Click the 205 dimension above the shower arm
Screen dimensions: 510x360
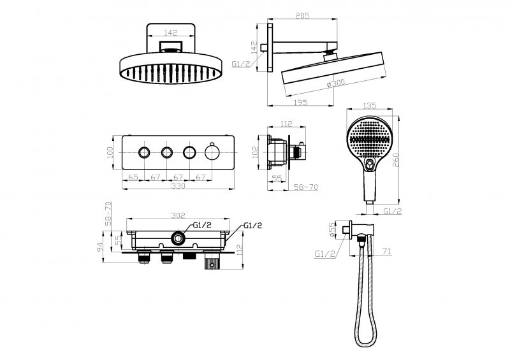(302, 15)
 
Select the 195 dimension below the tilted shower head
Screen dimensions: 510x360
(300, 103)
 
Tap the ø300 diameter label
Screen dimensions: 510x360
(336, 83)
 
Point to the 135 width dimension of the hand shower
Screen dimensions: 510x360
(369, 105)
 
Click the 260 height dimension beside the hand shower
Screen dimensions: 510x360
(395, 160)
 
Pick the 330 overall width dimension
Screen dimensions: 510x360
(178, 185)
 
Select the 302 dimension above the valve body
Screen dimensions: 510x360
(178, 215)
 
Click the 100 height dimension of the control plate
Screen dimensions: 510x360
(110, 152)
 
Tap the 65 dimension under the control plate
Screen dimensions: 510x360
(133, 177)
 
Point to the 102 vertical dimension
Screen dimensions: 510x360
(256, 152)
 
